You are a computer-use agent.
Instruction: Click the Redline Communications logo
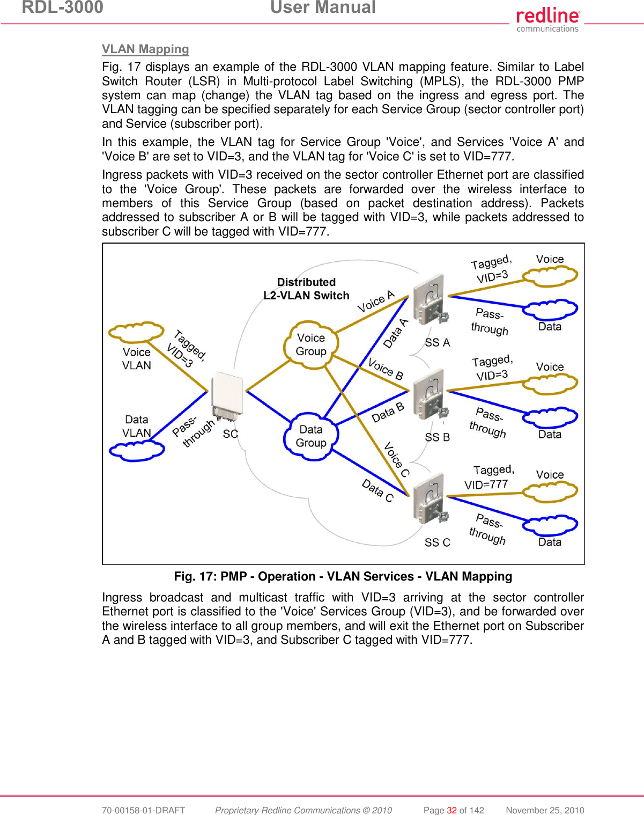547,19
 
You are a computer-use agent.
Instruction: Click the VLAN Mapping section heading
145,49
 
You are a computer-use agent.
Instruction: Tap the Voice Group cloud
311,345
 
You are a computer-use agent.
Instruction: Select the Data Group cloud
311,436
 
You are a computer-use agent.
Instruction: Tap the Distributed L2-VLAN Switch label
306,289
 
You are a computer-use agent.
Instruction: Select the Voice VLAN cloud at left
136,333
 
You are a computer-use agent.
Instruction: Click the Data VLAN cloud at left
136,451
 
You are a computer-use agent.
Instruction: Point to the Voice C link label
397,459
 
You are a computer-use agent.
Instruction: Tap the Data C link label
377,490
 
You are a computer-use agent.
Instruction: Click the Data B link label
387,412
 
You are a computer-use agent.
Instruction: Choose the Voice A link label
376,302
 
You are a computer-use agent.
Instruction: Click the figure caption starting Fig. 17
343,576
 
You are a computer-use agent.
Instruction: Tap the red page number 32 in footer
452,810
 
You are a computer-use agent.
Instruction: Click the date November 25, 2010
545,810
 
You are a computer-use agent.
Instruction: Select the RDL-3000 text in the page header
63,8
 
